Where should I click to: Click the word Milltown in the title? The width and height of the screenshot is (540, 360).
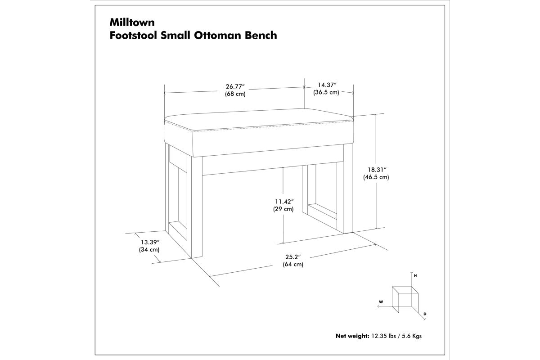click(x=132, y=22)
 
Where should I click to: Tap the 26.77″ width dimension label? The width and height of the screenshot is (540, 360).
click(x=235, y=86)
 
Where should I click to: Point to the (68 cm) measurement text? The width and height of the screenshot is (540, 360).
click(x=235, y=94)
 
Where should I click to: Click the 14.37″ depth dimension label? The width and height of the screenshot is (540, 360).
click(x=327, y=85)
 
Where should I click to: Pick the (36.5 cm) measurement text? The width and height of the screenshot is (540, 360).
click(x=326, y=92)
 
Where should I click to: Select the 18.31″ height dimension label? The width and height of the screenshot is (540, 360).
click(x=377, y=170)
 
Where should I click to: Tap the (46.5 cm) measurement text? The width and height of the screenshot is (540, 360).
click(x=376, y=177)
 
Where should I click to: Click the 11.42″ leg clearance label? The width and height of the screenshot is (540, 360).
click(x=284, y=202)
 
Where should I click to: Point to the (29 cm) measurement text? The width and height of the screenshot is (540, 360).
click(x=283, y=209)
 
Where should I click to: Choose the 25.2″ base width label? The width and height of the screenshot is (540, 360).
click(x=293, y=257)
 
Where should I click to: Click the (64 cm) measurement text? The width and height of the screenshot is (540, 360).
click(x=293, y=264)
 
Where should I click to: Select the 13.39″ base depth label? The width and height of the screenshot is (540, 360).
click(x=150, y=242)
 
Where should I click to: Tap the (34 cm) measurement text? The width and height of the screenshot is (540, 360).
click(x=149, y=250)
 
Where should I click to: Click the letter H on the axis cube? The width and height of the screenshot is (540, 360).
click(x=415, y=275)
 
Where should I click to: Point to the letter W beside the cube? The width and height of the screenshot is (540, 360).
click(x=381, y=301)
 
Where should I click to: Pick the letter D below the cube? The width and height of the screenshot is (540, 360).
click(x=425, y=314)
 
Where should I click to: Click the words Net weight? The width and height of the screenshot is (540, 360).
click(x=352, y=336)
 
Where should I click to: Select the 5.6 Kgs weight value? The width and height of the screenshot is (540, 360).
click(x=412, y=336)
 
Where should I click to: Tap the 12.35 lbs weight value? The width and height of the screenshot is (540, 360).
click(x=383, y=336)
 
